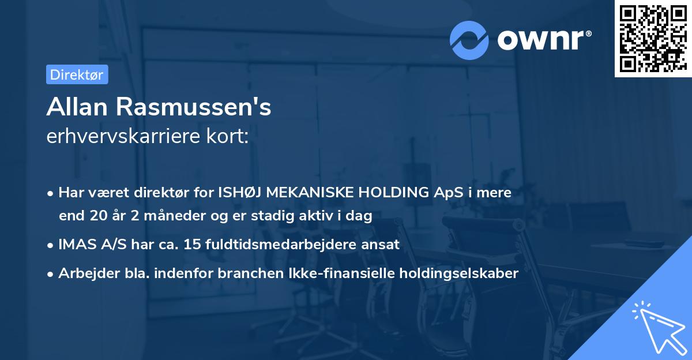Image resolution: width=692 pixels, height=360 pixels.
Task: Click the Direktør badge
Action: pos(77,74)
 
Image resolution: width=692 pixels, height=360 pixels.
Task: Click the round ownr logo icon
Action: pos(469,40)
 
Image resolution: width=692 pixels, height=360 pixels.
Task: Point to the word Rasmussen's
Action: pos(197,107)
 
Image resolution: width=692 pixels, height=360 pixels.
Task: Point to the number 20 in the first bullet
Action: pos(95,216)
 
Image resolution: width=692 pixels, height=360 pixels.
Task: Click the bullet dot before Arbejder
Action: pos(51,274)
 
